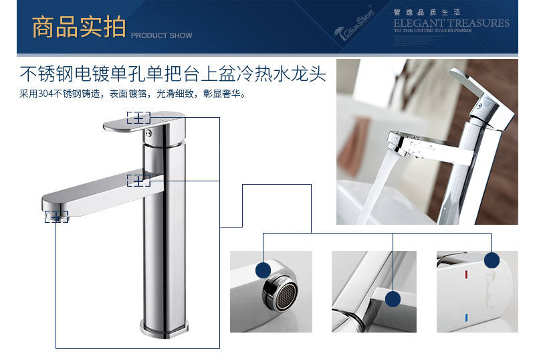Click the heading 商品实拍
pyautogui.click(x=78, y=27)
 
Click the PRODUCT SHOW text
pyautogui.click(x=161, y=35)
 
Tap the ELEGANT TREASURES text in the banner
pyautogui.click(x=451, y=23)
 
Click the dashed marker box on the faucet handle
pyautogui.click(x=138, y=118)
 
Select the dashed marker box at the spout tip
pyautogui.click(x=56, y=216)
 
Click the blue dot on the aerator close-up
pyautogui.click(x=263, y=270)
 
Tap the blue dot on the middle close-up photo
pyautogui.click(x=393, y=299)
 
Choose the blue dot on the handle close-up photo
pyautogui.click(x=492, y=260)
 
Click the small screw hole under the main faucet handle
pyautogui.click(x=151, y=132)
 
